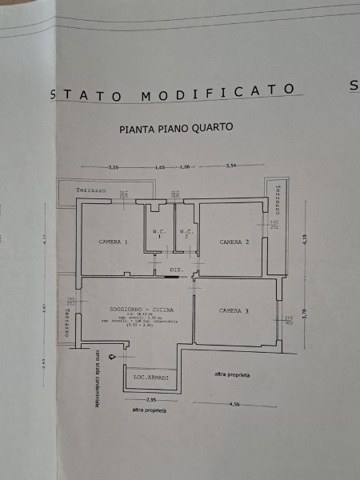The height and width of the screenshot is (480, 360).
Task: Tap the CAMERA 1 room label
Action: click(114, 242)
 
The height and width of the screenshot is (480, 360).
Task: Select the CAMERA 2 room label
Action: click(235, 242)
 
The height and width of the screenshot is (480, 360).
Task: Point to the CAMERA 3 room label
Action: click(235, 310)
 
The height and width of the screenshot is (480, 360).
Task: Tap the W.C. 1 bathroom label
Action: click(158, 235)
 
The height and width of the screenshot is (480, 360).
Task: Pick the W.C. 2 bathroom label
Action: click(186, 235)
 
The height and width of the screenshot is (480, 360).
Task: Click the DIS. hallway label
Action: click(177, 270)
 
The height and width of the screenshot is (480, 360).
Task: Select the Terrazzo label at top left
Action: click(91, 190)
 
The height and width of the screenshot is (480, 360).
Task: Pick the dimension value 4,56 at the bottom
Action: click(234, 405)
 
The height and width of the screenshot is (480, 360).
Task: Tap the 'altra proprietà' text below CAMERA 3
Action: click(232, 374)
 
